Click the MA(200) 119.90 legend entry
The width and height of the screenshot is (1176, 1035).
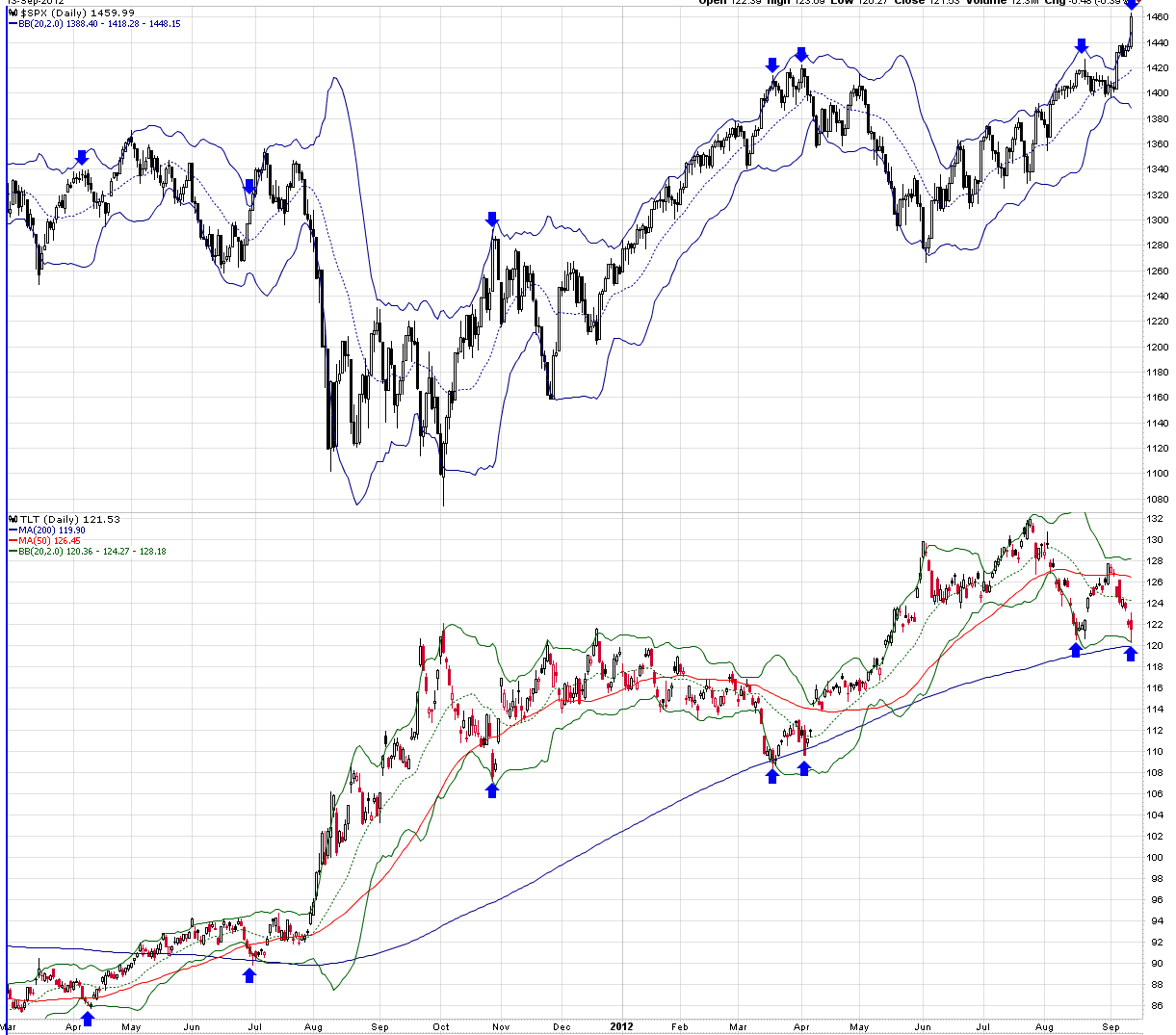(x=51, y=530)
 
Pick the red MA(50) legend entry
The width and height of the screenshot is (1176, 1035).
(x=48, y=541)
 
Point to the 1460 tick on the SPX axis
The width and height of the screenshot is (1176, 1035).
(x=1157, y=17)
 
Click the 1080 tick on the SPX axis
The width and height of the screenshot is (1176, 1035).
(x=1157, y=499)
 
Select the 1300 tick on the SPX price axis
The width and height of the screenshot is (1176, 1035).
(x=1157, y=220)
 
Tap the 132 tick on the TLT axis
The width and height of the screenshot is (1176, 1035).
(x=1154, y=519)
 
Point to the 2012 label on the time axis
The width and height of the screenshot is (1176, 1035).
(x=621, y=1027)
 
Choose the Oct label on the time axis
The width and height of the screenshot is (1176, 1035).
(x=441, y=1027)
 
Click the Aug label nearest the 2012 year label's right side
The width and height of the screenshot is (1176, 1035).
(x=1044, y=1027)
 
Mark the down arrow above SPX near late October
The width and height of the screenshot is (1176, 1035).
(x=493, y=220)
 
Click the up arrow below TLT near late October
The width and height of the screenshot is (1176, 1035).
(x=493, y=789)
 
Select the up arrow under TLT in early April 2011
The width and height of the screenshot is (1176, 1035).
(x=89, y=1018)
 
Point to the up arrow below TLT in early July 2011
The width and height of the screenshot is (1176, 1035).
(x=249, y=975)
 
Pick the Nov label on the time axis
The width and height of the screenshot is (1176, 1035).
(x=501, y=1027)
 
